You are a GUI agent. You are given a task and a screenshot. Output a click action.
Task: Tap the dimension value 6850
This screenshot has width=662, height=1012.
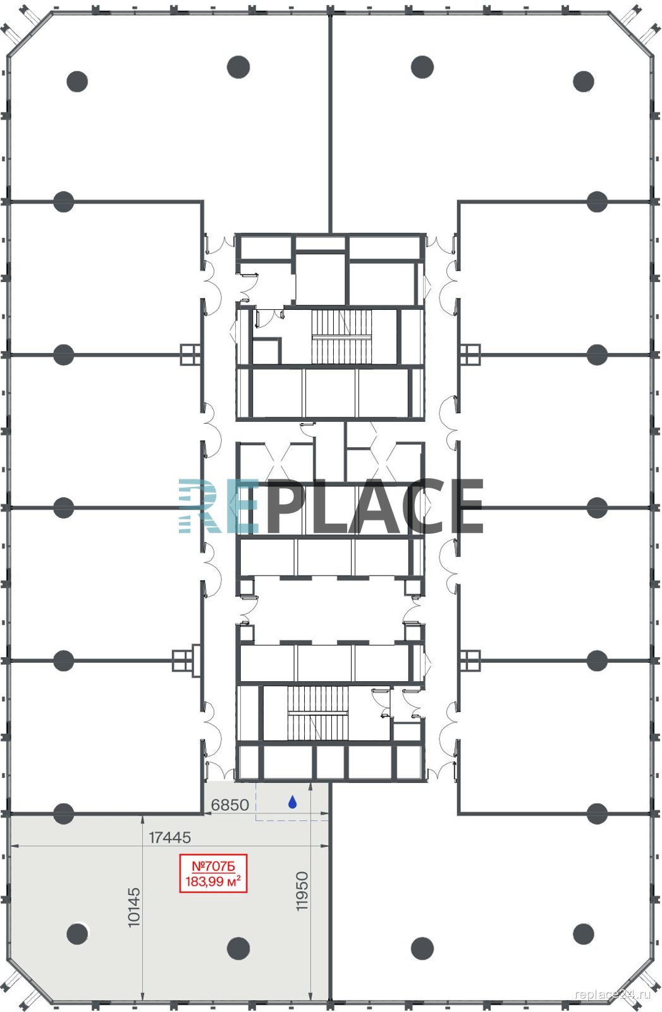tap(230, 805)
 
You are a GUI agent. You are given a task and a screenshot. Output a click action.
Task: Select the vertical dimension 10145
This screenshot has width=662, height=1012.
tap(134, 908)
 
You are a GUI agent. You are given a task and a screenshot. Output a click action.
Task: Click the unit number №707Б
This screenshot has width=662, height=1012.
tap(213, 866)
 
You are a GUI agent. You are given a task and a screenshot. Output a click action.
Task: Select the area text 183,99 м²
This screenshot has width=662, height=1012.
tap(213, 880)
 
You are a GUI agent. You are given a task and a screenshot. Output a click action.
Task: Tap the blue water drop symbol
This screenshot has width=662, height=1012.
tap(293, 802)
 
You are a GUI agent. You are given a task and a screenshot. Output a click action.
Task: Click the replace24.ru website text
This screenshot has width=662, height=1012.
tap(613, 994)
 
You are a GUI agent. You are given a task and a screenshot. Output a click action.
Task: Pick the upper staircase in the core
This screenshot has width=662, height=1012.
tap(341, 336)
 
